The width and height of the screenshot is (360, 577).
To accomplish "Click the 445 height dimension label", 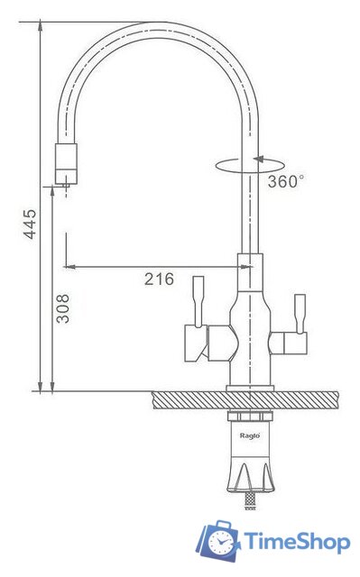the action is [30, 224].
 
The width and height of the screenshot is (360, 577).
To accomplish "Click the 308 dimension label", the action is [62, 308].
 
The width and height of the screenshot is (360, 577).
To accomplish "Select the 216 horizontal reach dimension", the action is [159, 279].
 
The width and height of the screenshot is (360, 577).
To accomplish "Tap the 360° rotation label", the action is [286, 181].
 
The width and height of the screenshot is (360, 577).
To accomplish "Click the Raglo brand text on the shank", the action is [250, 435].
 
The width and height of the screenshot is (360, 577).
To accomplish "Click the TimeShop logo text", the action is [297, 542].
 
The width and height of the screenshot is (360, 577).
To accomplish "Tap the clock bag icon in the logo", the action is [218, 542].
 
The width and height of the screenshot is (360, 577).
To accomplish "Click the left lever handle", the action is [198, 301].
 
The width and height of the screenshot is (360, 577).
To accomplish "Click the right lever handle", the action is [300, 314].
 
